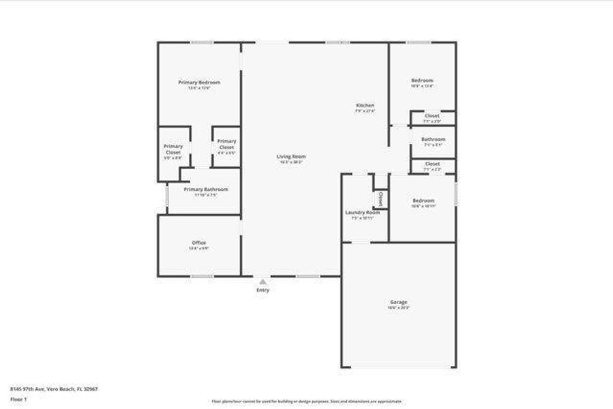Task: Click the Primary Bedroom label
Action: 199,82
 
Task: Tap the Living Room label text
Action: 290,157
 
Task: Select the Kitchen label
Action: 365,106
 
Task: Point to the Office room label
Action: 198,243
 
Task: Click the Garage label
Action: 399,302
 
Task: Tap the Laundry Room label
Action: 363,213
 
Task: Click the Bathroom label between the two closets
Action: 432,139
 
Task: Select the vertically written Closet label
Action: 380,198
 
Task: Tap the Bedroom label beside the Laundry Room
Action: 423,200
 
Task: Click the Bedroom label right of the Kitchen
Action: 422,80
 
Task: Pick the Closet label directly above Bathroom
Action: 432,116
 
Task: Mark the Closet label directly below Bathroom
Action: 432,164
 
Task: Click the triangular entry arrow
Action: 263,281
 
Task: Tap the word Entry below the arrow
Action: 263,290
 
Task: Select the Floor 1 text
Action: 18,399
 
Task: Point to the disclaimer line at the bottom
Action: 306,402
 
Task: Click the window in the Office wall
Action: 201,276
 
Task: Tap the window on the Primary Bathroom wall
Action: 167,196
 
